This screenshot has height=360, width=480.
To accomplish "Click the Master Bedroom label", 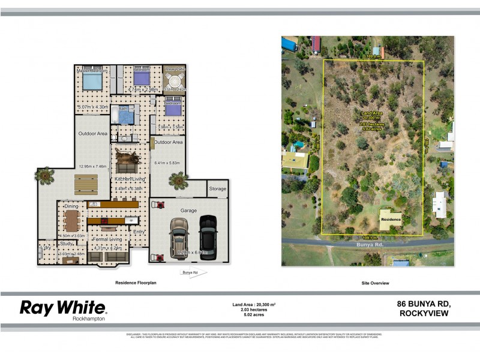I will click(92, 71).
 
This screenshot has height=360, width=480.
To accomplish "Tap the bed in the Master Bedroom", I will click(92, 82).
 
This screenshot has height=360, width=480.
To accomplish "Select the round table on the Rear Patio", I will click(175, 81).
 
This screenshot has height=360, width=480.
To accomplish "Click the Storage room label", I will click(218, 189).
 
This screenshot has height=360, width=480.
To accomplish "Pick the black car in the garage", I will click(208, 237).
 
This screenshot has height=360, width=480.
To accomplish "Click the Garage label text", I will click(189, 211).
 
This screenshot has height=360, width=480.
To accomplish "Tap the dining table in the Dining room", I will click(72, 220).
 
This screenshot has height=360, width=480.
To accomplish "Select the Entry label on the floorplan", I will click(139, 232).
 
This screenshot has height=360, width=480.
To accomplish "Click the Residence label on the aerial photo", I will click(391, 220).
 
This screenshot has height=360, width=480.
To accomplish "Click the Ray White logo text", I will click(63, 308).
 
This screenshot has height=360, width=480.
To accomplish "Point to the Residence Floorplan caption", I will click(136, 282).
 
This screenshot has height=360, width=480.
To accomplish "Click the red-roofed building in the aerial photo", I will click(316, 44).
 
